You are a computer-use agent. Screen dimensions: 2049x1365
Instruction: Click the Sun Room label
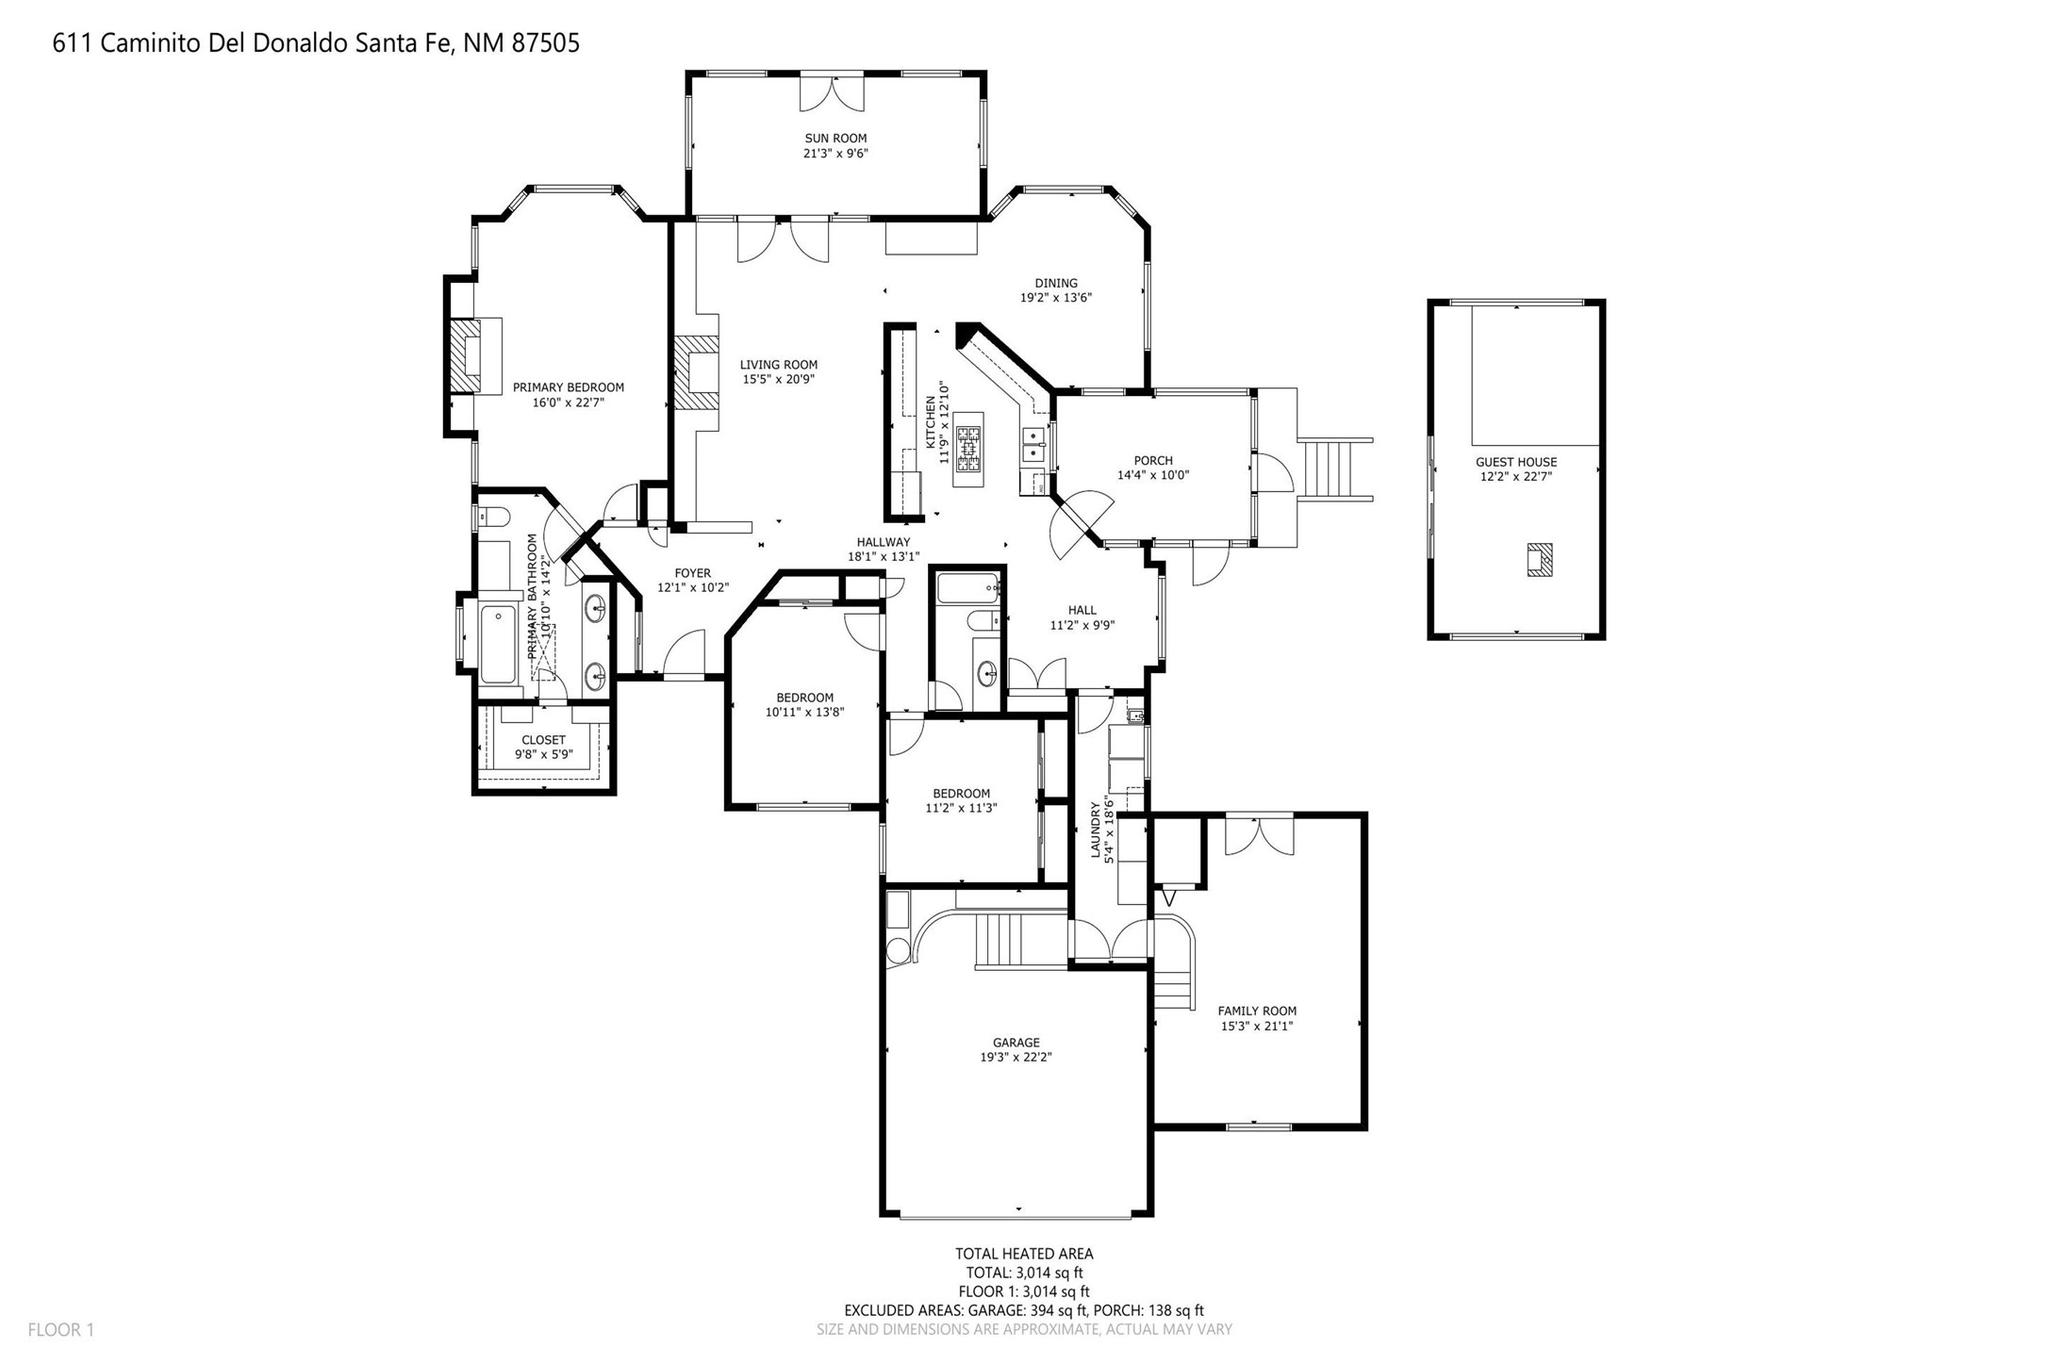tap(835, 139)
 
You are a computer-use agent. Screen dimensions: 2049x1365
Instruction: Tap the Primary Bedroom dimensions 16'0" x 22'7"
tap(568, 403)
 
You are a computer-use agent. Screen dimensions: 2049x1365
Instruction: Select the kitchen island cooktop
tap(968, 449)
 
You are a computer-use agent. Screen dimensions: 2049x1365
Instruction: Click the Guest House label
tap(1516, 462)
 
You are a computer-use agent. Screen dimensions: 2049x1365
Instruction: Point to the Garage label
tap(1016, 1043)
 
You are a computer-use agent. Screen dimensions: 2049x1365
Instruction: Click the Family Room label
tap(1257, 1011)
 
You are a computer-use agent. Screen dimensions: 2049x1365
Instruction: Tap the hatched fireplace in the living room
tap(696, 372)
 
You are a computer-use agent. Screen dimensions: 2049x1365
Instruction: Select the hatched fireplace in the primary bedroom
tap(465, 356)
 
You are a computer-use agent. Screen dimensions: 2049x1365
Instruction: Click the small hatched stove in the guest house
tap(1539, 560)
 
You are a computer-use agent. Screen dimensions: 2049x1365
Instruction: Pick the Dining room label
tap(1056, 283)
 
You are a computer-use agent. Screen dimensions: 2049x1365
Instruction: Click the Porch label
tap(1153, 461)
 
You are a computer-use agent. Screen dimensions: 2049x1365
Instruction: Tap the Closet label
tap(544, 740)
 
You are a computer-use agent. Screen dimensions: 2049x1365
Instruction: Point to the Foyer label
tap(692, 573)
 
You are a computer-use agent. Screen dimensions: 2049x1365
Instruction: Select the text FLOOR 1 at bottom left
tap(61, 1330)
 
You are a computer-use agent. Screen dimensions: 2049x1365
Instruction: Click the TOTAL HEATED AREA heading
tap(1024, 1254)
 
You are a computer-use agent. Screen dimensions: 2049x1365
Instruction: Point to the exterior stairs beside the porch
tap(1335, 469)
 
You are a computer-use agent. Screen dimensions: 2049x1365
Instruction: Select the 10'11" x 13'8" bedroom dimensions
tap(804, 713)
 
